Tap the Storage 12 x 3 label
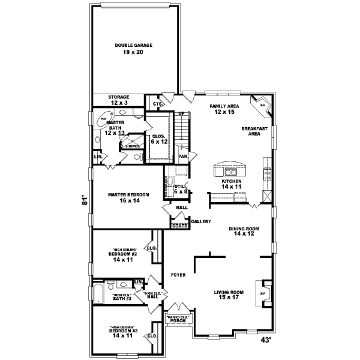118,100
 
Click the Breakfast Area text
254,131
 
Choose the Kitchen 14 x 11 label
232,184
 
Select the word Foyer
178,275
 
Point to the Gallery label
200,222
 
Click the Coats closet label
179,226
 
